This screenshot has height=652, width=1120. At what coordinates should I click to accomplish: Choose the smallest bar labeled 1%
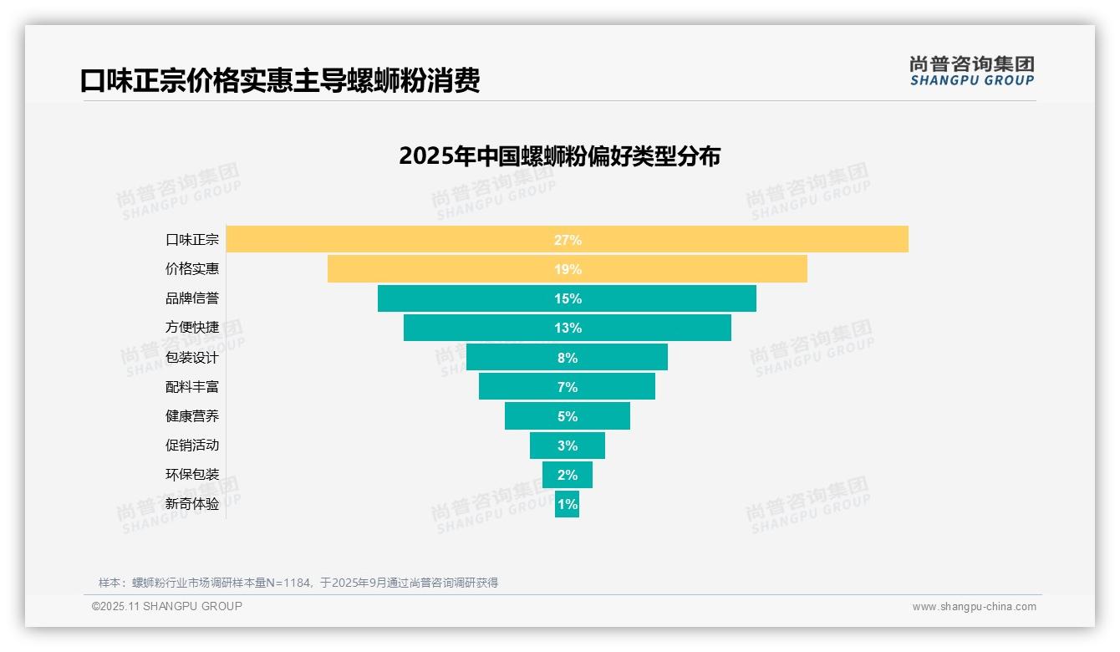click(567, 504)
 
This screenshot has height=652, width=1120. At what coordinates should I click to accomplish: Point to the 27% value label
click(568, 240)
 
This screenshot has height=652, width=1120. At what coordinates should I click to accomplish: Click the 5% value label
click(568, 416)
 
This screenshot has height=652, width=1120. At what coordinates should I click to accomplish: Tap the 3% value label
click(568, 446)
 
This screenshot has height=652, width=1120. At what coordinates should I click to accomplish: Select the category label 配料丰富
click(192, 387)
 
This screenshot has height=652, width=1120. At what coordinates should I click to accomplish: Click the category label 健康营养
click(192, 416)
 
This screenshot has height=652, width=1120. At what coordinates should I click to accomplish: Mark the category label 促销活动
click(192, 446)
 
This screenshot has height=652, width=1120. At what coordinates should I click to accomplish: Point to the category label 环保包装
click(192, 475)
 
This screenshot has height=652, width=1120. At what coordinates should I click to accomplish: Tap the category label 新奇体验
click(192, 504)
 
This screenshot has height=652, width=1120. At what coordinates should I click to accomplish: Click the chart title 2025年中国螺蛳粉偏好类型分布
click(559, 156)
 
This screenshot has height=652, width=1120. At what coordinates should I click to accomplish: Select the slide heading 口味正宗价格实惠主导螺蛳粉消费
click(280, 81)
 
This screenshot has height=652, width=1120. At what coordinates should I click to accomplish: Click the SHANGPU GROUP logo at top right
click(971, 71)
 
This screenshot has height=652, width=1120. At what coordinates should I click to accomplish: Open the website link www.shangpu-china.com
click(974, 607)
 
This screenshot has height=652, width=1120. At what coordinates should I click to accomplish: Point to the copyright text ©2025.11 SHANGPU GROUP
click(167, 606)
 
